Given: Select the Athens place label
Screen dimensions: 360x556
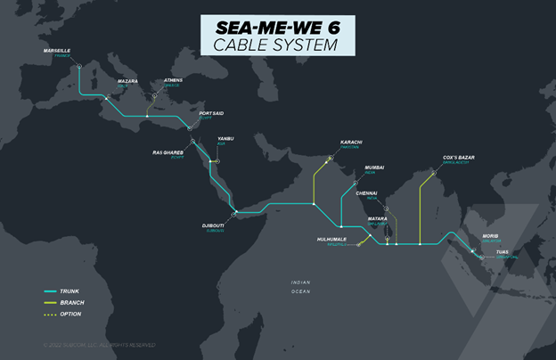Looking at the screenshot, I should [173, 81].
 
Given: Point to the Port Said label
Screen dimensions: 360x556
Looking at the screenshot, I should [212, 114].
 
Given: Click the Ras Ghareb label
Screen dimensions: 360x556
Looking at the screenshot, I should [168, 151].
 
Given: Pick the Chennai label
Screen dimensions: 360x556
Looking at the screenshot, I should [366, 192].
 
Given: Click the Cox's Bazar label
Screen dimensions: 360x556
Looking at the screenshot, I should [459, 158].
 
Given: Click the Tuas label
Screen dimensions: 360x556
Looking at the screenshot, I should [503, 252].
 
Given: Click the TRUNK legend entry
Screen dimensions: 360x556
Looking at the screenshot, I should [69, 291].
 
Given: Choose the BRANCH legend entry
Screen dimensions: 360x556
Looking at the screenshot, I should [72, 303].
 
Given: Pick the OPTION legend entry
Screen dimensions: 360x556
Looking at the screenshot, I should [71, 315].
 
